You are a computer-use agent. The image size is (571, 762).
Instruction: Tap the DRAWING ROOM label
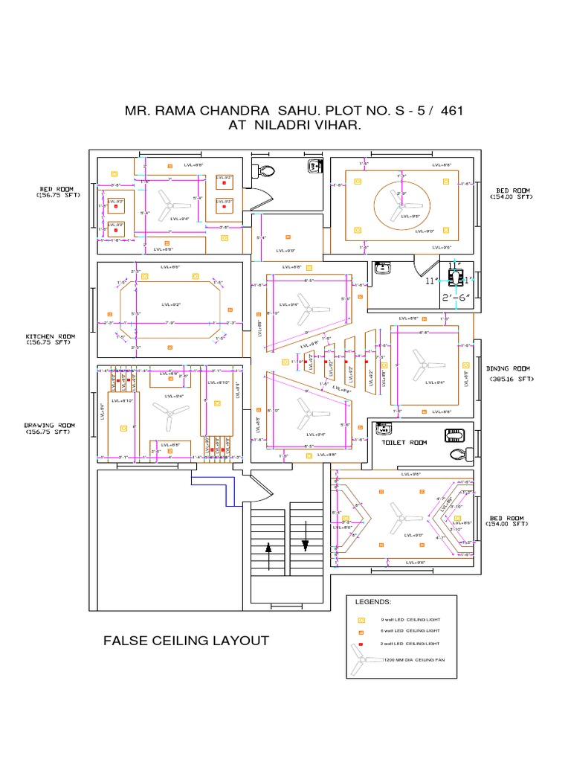tap(51, 426)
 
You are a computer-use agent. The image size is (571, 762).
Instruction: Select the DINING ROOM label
tap(509, 368)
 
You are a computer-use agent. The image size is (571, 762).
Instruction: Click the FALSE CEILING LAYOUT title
tap(186, 641)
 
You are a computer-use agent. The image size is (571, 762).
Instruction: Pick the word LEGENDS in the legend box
tap(372, 602)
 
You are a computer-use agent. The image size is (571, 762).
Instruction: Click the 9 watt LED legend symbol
tap(362, 619)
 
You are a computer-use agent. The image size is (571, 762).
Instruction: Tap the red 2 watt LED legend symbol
tap(362, 643)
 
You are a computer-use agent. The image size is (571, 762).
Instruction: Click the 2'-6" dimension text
tap(455, 298)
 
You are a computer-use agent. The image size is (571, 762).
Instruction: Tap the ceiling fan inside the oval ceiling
tap(401, 202)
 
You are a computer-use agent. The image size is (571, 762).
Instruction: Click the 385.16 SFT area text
tap(512, 379)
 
